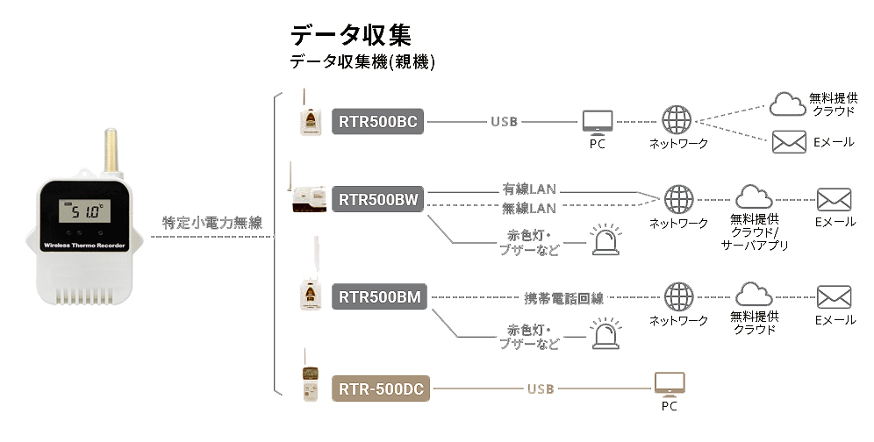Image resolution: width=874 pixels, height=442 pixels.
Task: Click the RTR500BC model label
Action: pos(378,122)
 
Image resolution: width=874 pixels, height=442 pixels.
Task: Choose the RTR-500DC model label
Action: pos(381,389)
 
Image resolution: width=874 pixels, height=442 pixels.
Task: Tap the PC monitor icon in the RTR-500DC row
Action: pos(670,383)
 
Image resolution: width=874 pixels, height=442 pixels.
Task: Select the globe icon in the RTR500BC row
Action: pos(677,120)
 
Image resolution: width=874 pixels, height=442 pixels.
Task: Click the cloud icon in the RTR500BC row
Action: pos(787,104)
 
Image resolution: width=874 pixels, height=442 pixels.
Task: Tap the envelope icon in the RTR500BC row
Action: pos(789,141)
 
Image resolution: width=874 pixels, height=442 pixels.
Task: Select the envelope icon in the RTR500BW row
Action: pos(834,199)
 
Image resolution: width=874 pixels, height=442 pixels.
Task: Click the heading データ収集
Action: pos(351,35)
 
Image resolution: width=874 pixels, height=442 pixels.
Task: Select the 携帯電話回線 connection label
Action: pos(562,298)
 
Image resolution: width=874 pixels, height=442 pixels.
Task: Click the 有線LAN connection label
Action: pos(529,189)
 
